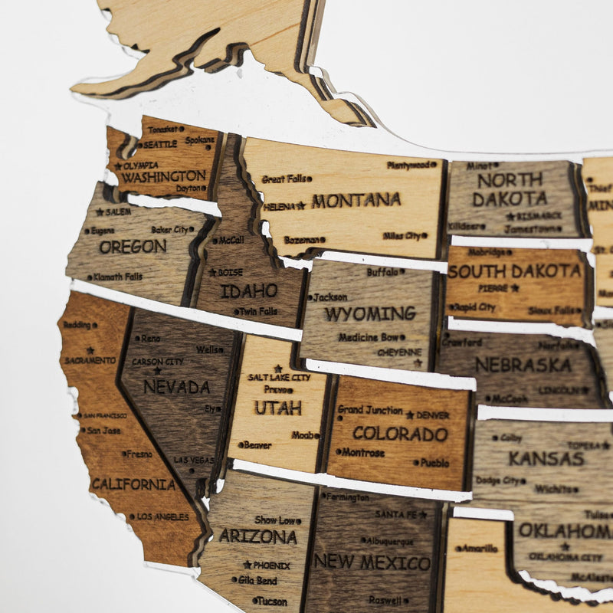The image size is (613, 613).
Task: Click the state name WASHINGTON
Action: pos(163,176)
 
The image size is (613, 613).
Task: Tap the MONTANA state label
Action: pos(356,201)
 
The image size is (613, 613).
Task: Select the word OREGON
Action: pos(133,247)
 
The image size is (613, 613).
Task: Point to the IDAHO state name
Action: pos(249,291)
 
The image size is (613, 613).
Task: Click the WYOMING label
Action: pos(369,314)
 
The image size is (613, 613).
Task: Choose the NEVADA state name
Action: pos(176,387)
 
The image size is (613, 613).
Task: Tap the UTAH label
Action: pos(278,408)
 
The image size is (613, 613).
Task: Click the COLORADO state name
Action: pos(400,434)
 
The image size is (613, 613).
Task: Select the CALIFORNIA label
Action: pos(133,484)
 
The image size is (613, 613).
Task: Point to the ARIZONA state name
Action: pos(257,536)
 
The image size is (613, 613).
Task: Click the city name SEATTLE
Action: pos(159,144)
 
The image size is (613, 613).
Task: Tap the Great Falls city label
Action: pos(284,179)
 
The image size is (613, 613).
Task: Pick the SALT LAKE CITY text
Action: pos(279,378)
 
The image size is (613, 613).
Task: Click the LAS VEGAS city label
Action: pos(193,460)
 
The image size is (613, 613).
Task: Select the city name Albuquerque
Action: pos(387,541)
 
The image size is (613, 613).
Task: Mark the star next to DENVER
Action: pos(410,415)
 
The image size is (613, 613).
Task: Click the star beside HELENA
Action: pos(301,205)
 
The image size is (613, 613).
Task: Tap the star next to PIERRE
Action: pos(515,288)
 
